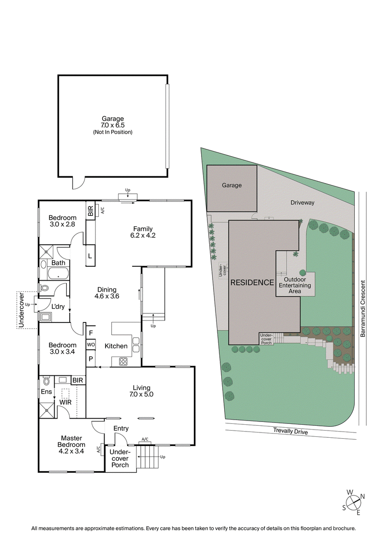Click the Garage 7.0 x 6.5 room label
[x=113, y=125]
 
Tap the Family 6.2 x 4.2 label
[x=144, y=232]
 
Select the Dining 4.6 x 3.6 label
[x=107, y=293]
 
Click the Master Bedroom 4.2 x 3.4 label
[x=72, y=445]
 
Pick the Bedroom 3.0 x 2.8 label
[x=62, y=221]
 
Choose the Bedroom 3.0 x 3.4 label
[x=62, y=348]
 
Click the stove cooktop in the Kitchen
[x=123, y=361]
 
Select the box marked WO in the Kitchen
[x=91, y=345]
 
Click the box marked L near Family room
[x=90, y=255]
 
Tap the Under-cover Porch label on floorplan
[x=118, y=458]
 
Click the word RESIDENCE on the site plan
[x=252, y=283]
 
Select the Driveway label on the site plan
[x=302, y=203]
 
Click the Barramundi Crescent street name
[x=363, y=309]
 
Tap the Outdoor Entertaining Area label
[x=297, y=285]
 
